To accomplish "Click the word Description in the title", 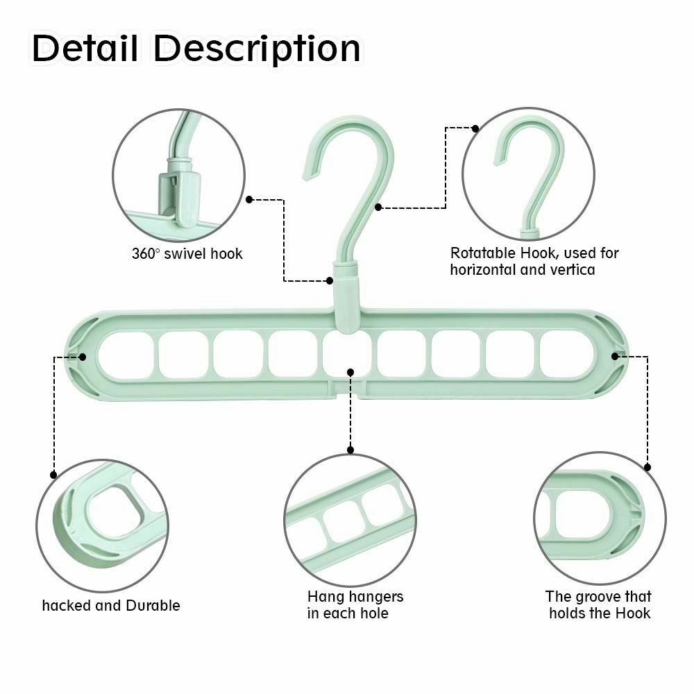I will tap(257, 49).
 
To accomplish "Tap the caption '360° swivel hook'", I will tap(187, 253).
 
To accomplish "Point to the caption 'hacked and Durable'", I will tap(111, 605).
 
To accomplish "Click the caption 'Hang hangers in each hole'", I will tap(355, 604).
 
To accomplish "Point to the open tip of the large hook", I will tap(312, 159).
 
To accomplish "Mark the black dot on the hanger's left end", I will tap(83, 357).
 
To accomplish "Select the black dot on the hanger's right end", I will tap(614, 356).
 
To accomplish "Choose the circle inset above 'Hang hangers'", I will tap(350, 519).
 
